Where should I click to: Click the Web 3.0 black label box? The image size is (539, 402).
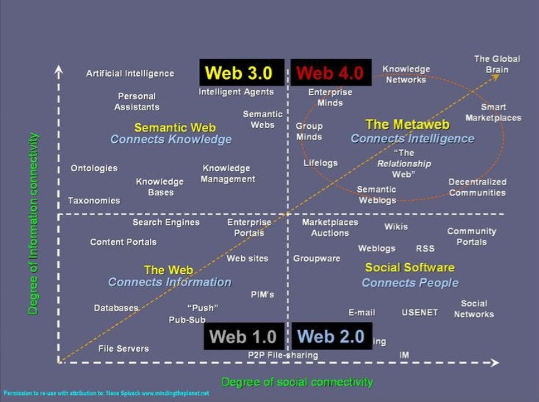click(238, 73)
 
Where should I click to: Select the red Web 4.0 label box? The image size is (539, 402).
click(329, 73)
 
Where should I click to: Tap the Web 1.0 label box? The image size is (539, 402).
click(244, 336)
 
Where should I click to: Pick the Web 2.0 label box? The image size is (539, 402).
click(331, 336)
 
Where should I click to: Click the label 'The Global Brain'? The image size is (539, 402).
click(497, 64)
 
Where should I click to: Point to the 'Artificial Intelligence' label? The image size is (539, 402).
click(130, 73)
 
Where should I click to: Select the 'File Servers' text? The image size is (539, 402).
click(124, 348)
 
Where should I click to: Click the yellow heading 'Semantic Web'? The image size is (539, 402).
click(175, 127)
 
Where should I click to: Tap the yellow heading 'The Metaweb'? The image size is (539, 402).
click(407, 125)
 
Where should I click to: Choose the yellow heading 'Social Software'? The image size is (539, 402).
click(410, 268)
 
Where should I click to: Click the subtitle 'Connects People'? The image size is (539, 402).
click(410, 282)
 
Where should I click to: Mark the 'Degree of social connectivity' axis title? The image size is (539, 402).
click(297, 382)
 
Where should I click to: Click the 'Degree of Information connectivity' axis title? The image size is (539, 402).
click(34, 223)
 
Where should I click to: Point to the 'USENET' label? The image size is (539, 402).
click(420, 312)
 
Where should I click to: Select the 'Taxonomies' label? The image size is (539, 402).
click(94, 201)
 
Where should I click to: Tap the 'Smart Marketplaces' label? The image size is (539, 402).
click(493, 112)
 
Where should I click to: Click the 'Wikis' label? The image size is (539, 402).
click(395, 226)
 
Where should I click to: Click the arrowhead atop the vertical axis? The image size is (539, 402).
click(59, 68)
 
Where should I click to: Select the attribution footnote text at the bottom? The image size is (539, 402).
click(106, 393)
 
